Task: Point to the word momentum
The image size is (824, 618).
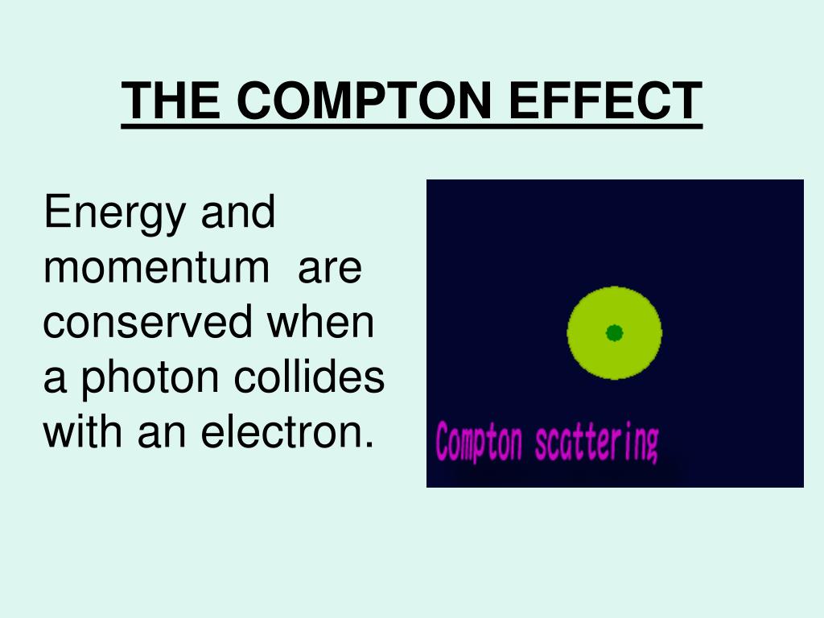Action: (157, 268)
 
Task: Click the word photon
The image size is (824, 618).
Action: (153, 377)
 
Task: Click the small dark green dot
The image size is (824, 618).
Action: (614, 332)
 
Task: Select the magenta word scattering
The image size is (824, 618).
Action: (596, 443)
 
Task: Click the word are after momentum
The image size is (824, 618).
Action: (330, 268)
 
